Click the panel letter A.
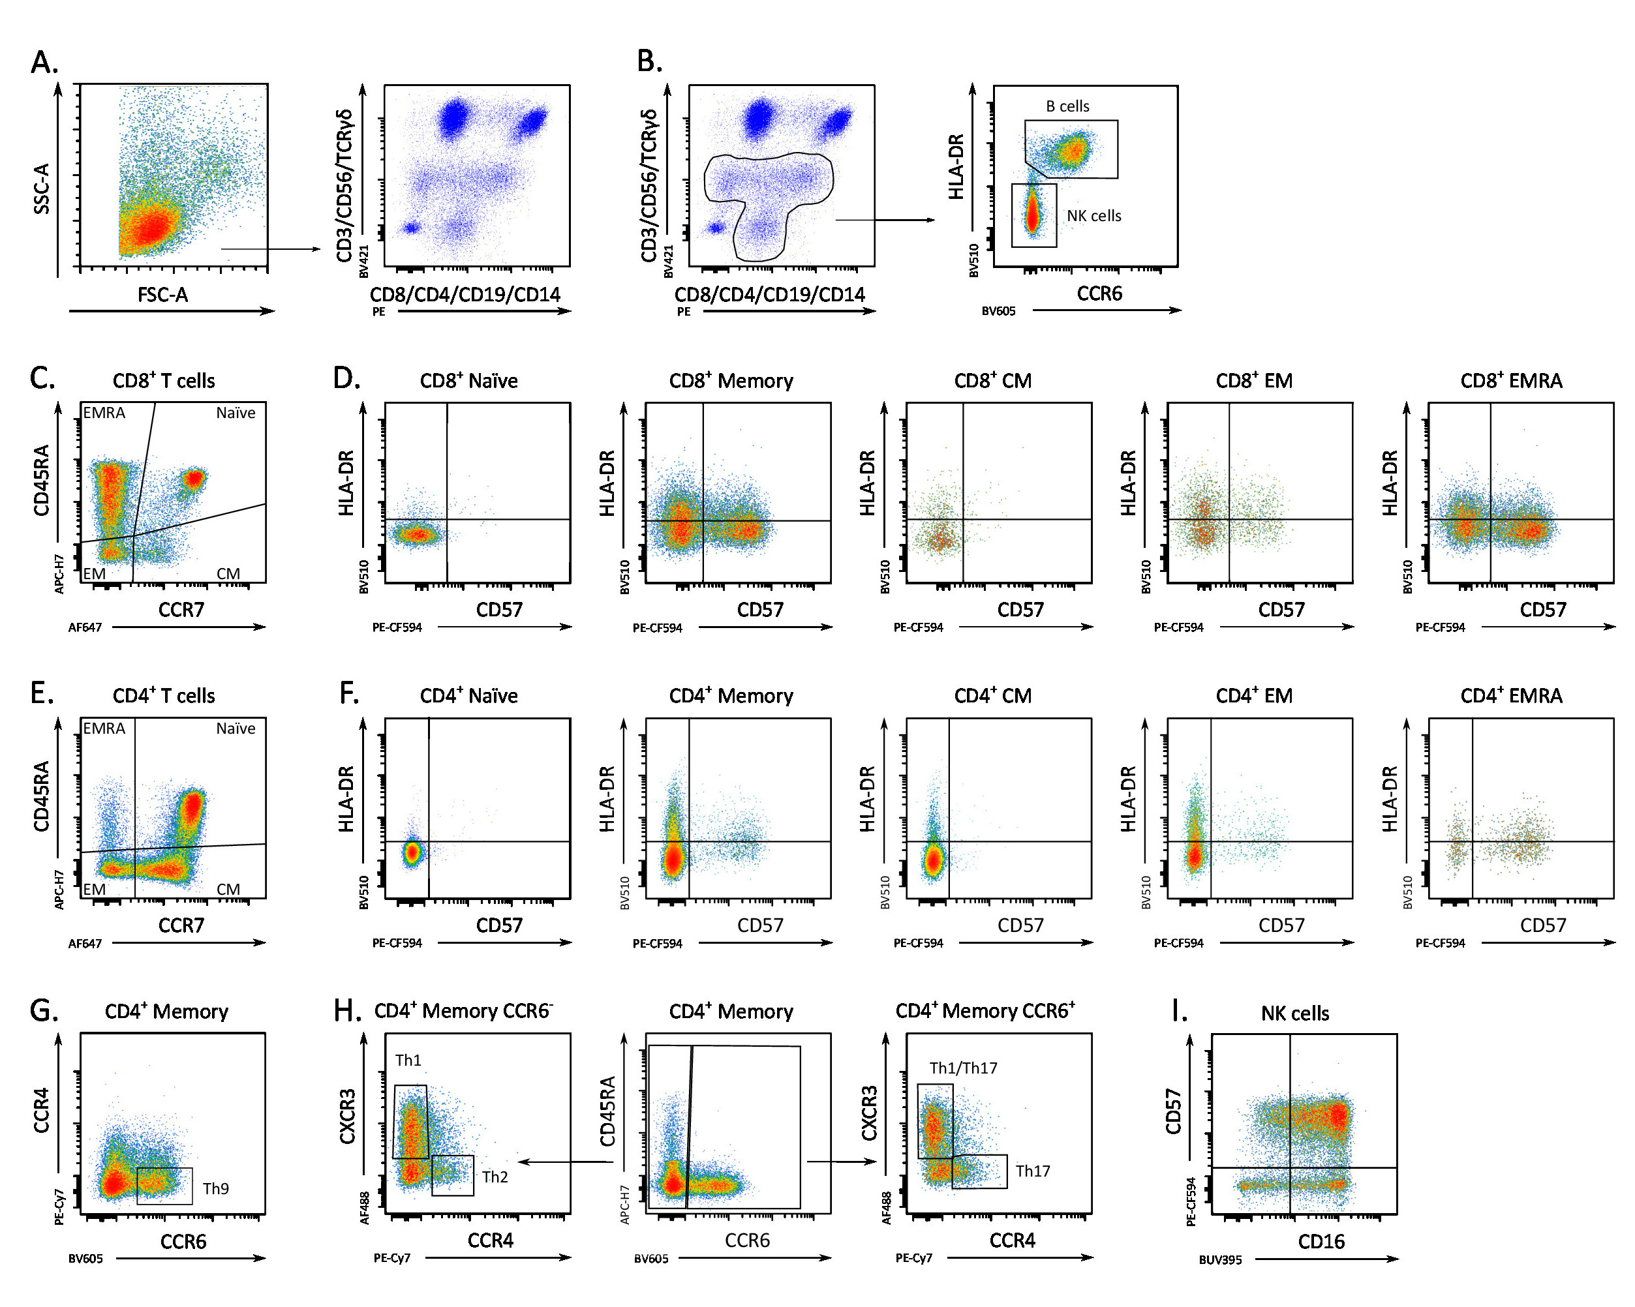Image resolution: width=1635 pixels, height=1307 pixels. point(44,62)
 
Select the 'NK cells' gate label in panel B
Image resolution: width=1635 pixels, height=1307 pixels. point(1093,216)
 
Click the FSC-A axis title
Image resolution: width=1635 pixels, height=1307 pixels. point(162,295)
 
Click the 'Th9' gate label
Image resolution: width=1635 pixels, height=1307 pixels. point(215,1188)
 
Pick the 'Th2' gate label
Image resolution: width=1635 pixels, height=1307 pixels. point(495,1177)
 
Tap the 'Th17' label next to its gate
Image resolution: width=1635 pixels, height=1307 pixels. point(1033,1171)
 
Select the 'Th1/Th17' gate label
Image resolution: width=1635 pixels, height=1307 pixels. point(963,1068)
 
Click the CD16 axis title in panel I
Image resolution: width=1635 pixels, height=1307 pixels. point(1321,1242)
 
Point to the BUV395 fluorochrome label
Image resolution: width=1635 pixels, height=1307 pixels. point(1220,1260)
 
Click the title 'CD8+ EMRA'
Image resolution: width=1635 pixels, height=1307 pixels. point(1510,381)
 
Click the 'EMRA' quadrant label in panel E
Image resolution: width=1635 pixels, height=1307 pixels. point(104,729)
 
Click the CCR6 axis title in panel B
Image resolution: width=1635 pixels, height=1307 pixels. point(1099,294)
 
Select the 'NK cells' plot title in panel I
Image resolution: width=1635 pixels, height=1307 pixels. point(1294,1014)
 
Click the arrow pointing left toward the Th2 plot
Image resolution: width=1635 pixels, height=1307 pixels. point(565,1162)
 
